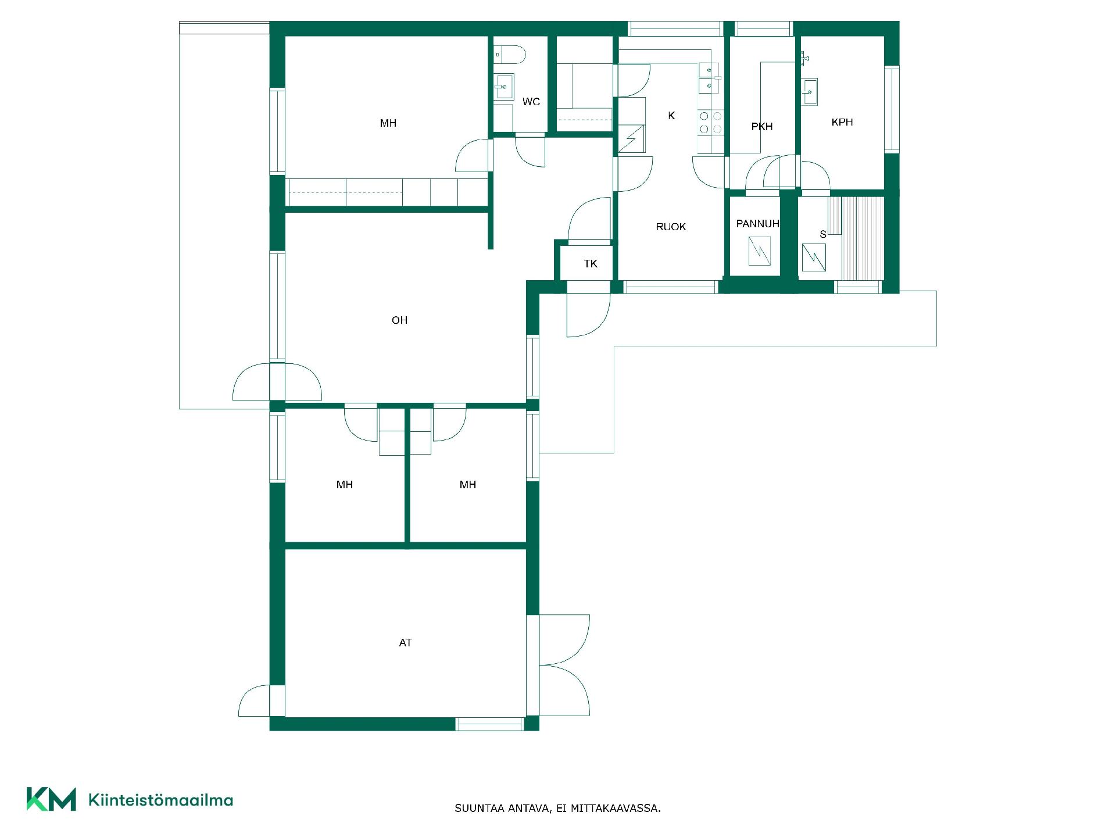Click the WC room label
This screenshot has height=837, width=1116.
[531, 102]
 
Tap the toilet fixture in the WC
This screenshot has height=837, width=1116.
[510, 55]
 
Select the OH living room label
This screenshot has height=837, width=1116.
[399, 320]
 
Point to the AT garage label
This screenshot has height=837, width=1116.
[405, 643]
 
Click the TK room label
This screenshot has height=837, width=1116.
[591, 264]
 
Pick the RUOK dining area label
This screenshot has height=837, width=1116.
[671, 227]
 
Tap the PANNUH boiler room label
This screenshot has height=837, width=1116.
[757, 224]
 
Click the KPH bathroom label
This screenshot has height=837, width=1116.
[842, 122]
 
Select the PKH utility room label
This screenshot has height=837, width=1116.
[762, 127]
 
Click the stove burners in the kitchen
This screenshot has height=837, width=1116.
[710, 123]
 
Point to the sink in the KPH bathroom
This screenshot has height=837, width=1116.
[810, 92]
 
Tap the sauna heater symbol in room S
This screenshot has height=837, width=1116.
[814, 257]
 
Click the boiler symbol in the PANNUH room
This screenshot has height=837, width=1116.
[760, 251]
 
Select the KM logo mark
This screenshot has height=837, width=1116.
[51, 799]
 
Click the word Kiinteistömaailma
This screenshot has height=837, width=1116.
[160, 800]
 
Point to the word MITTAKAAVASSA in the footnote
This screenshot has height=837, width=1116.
[616, 809]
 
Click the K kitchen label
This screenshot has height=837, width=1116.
[671, 116]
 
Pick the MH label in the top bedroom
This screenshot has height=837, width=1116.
[388, 123]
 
